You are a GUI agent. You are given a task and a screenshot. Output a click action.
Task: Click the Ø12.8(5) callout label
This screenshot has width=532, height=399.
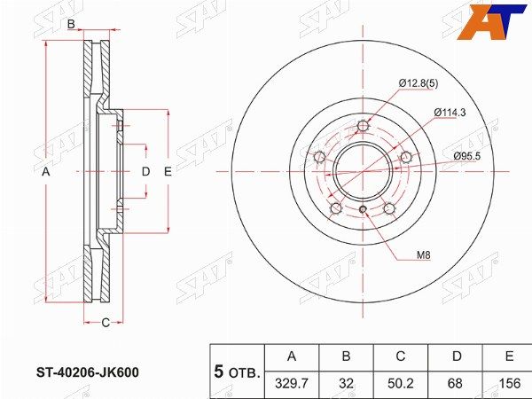418,83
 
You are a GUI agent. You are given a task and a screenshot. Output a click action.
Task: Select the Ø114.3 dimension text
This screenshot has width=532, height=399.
450,113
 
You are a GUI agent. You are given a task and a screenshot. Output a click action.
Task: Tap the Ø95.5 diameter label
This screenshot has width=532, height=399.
467,156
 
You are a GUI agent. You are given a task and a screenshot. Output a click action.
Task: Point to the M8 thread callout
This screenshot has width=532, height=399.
423,254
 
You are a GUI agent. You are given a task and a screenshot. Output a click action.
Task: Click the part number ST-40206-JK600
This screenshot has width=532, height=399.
88,372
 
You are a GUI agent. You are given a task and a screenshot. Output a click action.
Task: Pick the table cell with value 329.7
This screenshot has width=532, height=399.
292,384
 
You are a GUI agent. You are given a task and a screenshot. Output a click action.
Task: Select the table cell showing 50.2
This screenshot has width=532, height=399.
401,384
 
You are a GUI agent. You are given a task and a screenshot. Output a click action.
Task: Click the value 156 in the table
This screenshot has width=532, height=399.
510,384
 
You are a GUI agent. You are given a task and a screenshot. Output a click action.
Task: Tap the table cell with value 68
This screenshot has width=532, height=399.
455,384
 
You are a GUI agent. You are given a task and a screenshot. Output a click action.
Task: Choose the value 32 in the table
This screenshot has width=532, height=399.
346,384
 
